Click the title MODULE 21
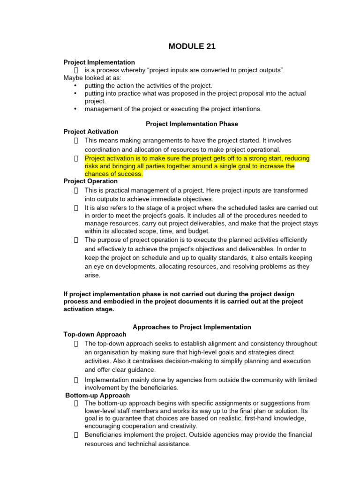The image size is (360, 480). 192,46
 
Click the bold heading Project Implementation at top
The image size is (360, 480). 99,62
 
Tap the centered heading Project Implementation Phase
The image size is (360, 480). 192,124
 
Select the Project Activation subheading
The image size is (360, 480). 91,132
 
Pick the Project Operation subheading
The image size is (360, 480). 90,181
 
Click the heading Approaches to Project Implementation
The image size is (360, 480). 192,327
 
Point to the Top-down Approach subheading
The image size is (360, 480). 95,334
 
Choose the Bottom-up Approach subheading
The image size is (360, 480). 97,396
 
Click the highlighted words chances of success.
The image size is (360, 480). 113,174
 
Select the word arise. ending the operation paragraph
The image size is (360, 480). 92,276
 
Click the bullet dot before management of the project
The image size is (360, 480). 75,109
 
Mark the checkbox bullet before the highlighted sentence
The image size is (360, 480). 76,158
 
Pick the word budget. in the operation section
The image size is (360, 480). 199,231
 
